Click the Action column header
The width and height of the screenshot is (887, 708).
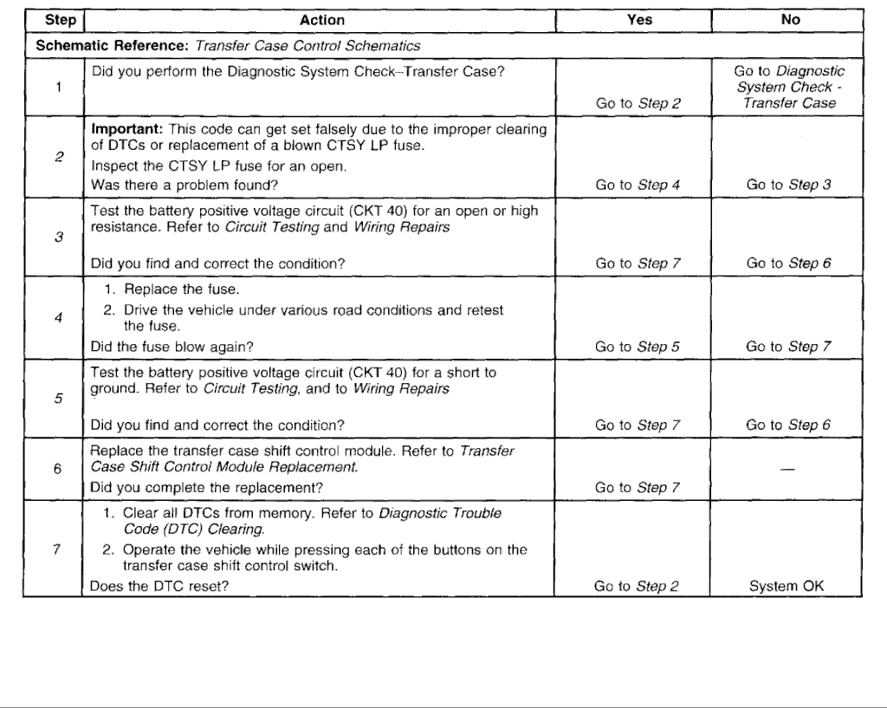tap(321, 20)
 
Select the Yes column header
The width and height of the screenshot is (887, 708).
tap(638, 20)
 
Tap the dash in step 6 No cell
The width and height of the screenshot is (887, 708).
tap(789, 469)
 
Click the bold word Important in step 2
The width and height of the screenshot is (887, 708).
tap(124, 128)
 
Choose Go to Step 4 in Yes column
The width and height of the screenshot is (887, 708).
tap(638, 185)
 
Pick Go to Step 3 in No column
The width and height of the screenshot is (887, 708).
tap(789, 185)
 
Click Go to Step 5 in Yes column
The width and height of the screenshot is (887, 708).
tap(638, 347)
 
